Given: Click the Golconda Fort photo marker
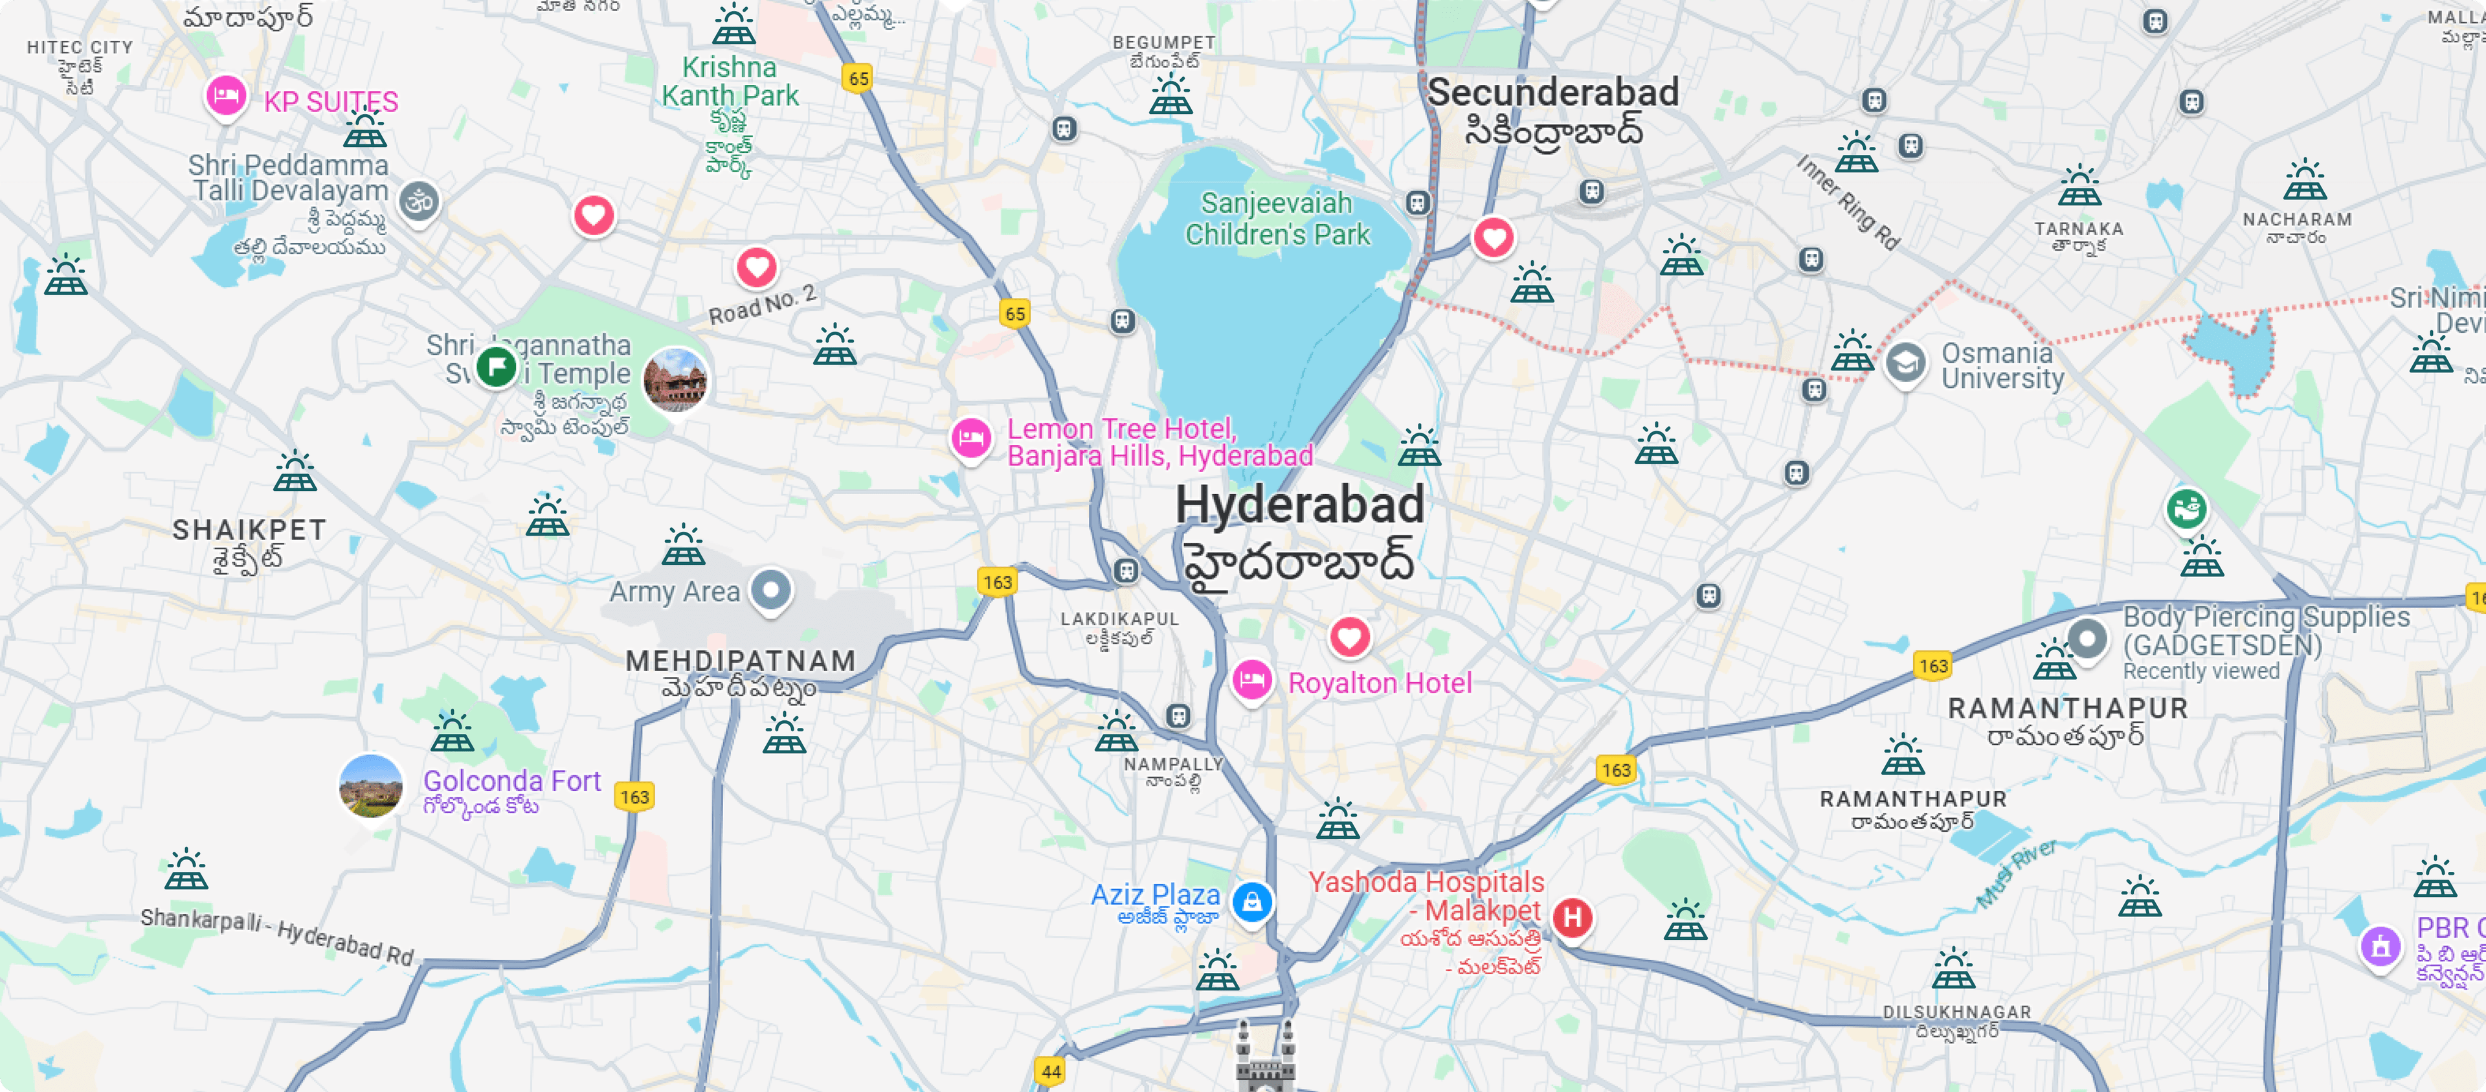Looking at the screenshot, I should point(370,785).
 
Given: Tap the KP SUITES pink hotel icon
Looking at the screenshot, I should point(226,96).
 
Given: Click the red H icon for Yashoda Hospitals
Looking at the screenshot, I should point(1572,917).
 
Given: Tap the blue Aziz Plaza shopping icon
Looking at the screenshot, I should point(1251,902).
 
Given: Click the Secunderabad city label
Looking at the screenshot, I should point(1553,93).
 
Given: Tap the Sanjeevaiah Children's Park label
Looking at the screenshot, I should point(1277,219).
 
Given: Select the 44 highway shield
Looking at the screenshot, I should point(1051,1071).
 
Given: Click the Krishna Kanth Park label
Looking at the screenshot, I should point(730,82).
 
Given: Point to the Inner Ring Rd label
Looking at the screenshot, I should point(1847,202).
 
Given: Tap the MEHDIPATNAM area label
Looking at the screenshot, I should point(740,661).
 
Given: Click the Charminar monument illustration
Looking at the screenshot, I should point(1265,1057).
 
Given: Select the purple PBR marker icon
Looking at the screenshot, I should point(2380,946).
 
